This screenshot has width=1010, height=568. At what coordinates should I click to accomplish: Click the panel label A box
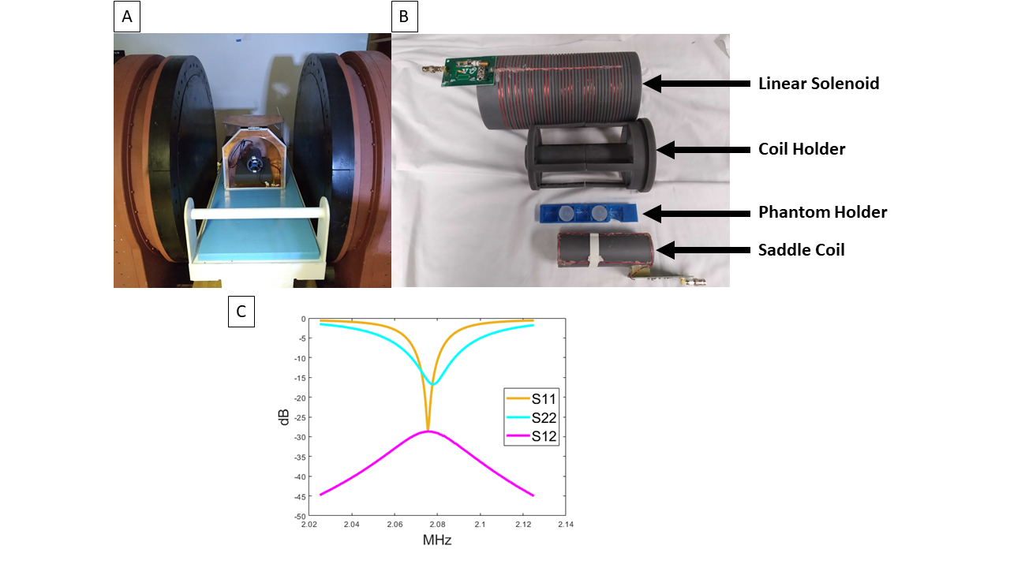pos(127,17)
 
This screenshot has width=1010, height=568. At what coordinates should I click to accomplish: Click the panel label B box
pos(405,17)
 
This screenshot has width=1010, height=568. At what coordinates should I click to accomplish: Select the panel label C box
pos(241,312)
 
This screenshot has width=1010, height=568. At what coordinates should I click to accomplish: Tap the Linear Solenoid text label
pos(818,84)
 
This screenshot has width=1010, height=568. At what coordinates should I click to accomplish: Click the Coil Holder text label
pos(802,149)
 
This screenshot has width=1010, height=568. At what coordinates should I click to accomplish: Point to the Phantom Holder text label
pos(822,212)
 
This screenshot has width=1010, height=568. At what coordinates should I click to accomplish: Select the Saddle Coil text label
pos(801,250)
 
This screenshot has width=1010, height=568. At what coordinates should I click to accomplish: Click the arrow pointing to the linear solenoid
pos(695,83)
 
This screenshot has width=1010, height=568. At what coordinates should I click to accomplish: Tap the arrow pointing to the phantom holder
pos(695,212)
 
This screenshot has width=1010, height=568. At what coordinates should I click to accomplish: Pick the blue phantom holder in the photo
pos(587,213)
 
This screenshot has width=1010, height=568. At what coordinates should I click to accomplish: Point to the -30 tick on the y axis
pos(301,437)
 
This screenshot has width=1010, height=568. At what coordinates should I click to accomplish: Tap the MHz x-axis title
pos(436,540)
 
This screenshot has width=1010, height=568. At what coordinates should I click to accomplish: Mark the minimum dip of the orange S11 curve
pos(428,430)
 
